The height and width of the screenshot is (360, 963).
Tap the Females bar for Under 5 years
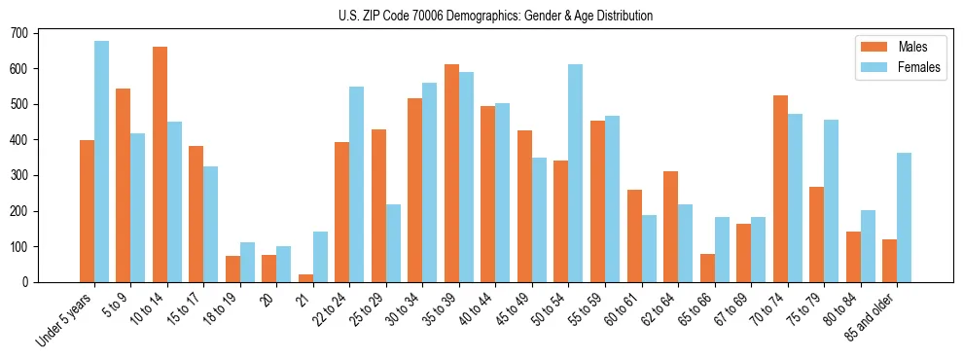pyautogui.click(x=101, y=162)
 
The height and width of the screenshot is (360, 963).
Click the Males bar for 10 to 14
pyautogui.click(x=160, y=164)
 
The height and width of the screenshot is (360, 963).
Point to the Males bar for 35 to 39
pyautogui.click(x=451, y=173)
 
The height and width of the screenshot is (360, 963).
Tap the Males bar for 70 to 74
pyautogui.click(x=780, y=189)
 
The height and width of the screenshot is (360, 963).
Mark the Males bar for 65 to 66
pyautogui.click(x=707, y=268)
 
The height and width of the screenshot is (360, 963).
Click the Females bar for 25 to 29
pyautogui.click(x=393, y=243)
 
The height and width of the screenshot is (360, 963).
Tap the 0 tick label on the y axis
pyautogui.click(x=29, y=282)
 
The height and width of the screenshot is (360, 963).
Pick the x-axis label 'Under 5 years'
pyautogui.click(x=65, y=319)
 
